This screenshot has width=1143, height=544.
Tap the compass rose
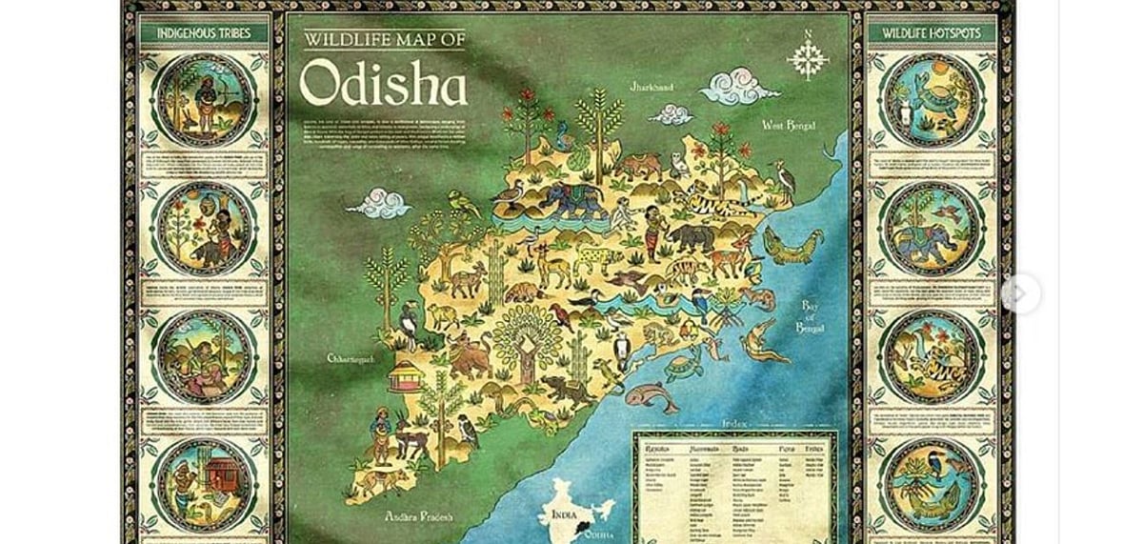click(808, 58)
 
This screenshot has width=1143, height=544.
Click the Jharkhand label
click(652, 87)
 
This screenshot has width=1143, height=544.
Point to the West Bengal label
click(789, 125)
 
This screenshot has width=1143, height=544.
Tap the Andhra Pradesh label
click(419, 517)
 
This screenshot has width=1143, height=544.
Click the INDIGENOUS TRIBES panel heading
click(204, 33)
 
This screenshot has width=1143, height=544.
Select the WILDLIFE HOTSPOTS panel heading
click(931, 33)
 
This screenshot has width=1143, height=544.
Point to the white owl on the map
click(680, 165)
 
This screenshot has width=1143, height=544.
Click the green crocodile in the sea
click(792, 246)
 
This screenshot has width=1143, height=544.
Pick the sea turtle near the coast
click(682, 366)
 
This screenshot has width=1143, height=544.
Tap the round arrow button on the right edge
click(1020, 293)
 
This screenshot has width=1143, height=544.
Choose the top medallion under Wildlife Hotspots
click(931, 100)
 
